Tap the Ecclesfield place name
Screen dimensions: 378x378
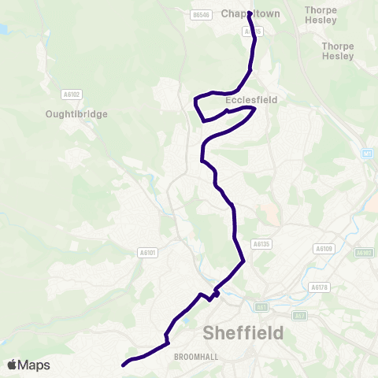(x=249, y=101)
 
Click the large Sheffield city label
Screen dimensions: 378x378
(x=243, y=333)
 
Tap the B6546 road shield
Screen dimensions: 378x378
(x=202, y=14)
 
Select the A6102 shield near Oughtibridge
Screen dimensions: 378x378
(x=72, y=94)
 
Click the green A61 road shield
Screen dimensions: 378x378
(x=262, y=307)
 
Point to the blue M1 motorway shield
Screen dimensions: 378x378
(x=369, y=154)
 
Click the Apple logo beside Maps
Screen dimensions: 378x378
(x=12, y=365)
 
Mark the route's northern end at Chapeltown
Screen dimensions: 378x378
(x=250, y=13)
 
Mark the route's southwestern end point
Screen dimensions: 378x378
(x=124, y=365)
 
